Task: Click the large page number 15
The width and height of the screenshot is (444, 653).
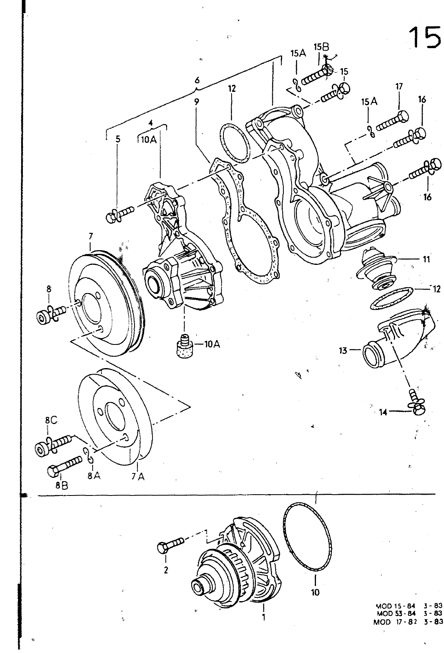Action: (424, 37)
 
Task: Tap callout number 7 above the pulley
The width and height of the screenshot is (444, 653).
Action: (91, 236)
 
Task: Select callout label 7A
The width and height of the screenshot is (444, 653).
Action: (138, 477)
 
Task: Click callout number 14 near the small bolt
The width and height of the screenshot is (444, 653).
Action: (383, 412)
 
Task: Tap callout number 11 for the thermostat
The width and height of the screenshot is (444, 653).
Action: (426, 259)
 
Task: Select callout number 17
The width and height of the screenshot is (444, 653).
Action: (399, 86)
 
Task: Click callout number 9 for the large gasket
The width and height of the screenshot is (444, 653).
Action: (197, 102)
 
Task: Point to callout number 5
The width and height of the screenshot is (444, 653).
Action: (117, 139)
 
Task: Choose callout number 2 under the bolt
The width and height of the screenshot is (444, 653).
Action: (166, 570)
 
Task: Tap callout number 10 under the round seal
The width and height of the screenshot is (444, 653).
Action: (315, 592)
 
